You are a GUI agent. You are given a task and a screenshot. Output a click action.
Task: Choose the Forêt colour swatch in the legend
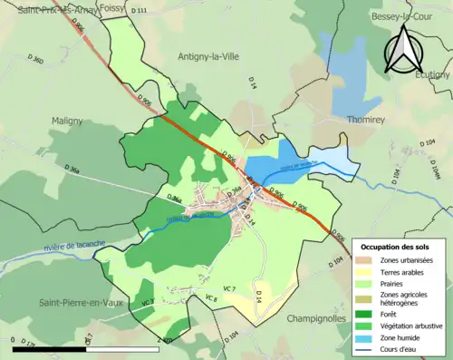(368, 313)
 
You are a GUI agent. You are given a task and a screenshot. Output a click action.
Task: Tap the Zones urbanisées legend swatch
(368, 260)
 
